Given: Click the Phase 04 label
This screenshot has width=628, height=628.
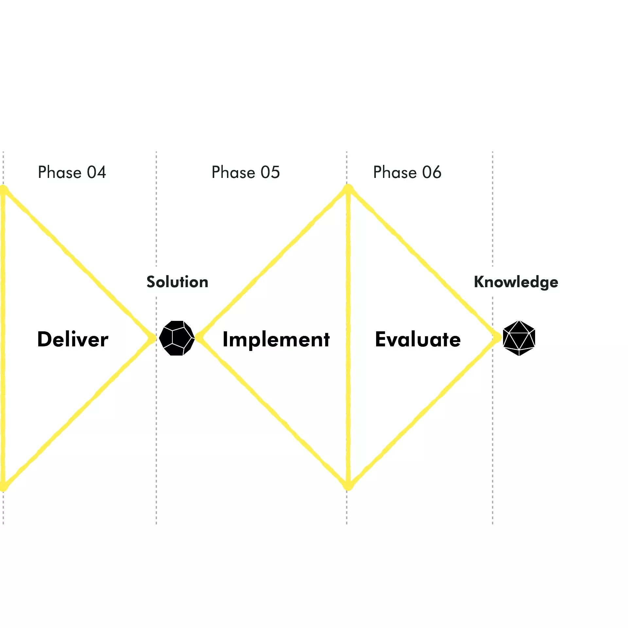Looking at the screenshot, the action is click(72, 172).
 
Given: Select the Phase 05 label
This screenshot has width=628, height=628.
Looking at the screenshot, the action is click(246, 172).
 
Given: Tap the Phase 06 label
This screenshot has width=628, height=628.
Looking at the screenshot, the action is click(407, 172).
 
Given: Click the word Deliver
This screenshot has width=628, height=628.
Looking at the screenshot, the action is click(73, 339).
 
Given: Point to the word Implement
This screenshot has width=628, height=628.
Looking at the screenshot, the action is click(276, 339).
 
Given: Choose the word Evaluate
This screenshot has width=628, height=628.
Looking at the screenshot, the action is click(418, 339).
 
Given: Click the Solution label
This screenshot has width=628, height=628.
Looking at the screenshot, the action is click(177, 282).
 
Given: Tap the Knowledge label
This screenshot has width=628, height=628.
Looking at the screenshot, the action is click(516, 282).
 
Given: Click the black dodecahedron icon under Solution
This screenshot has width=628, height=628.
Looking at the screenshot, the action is click(177, 338).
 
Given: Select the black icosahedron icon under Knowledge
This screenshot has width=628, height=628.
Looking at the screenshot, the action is click(519, 338).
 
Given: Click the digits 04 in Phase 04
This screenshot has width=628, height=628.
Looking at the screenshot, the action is click(96, 172).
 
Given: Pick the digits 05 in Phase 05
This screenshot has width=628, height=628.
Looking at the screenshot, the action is click(270, 172).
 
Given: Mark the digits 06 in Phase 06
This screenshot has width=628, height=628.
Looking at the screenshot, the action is click(432, 172).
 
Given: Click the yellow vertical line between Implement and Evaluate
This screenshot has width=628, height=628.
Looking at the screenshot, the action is click(348, 392).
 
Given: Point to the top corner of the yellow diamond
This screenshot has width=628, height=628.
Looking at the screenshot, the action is click(348, 189).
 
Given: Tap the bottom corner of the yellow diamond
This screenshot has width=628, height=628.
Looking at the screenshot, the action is click(348, 486).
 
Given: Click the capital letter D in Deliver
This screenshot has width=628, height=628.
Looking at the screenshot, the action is click(45, 339).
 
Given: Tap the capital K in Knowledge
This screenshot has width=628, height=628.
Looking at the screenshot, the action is click(480, 282).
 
